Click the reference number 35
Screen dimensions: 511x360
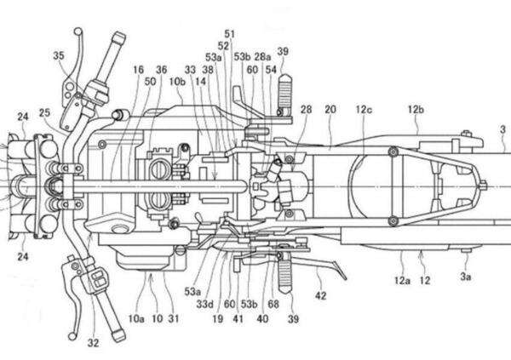(x=59, y=55)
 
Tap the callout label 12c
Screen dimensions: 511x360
(x=364, y=110)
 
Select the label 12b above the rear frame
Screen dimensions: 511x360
(x=416, y=110)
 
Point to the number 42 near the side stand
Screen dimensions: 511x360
(x=321, y=295)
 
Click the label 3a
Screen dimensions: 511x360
(x=465, y=277)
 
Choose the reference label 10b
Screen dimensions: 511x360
(x=177, y=82)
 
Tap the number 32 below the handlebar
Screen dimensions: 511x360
(x=93, y=343)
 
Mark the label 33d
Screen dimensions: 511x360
(x=205, y=304)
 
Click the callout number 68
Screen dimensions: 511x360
(x=273, y=304)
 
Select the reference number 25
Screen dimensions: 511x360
(x=44, y=112)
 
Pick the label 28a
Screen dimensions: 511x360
(x=262, y=57)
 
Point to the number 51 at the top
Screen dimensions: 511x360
(x=229, y=34)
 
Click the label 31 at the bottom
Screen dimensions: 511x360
(x=174, y=318)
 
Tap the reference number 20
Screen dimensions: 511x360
(x=330, y=110)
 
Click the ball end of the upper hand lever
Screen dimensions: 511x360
(x=78, y=31)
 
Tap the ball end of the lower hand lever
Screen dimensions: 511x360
(x=72, y=336)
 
